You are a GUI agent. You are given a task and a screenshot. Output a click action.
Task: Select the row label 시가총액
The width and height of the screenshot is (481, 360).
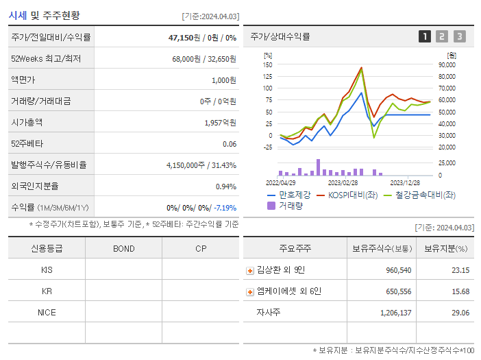27,123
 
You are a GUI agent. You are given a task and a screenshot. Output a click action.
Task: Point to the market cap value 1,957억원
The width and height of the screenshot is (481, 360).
220,123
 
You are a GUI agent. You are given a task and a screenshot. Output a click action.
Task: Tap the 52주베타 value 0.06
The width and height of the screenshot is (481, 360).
230,144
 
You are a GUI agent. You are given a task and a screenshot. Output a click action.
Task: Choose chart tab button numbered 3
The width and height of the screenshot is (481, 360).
459,37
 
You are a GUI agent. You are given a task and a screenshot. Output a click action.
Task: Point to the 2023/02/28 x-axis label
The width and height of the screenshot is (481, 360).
343,183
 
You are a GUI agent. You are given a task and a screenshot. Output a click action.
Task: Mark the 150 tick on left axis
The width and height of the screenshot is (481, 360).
268,64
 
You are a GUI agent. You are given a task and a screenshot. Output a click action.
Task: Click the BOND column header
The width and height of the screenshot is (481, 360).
123,248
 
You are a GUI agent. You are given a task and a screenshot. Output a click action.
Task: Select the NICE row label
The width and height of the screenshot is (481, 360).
47,313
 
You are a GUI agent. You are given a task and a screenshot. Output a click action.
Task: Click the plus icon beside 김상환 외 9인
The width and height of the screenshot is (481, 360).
250,270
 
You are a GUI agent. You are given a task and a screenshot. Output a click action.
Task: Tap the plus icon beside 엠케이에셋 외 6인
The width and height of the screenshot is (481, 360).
250,292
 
